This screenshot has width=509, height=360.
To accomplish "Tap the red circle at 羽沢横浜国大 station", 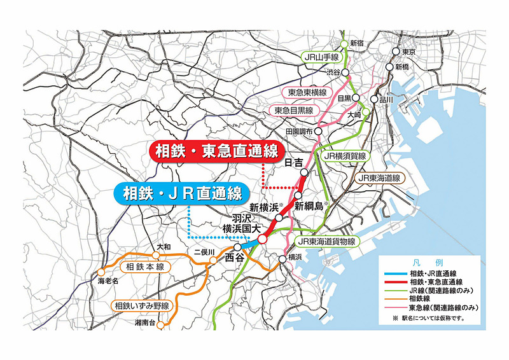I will pyautogui.click(x=261, y=239).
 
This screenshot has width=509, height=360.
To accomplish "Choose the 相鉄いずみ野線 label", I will pyautogui.click(x=142, y=307).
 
